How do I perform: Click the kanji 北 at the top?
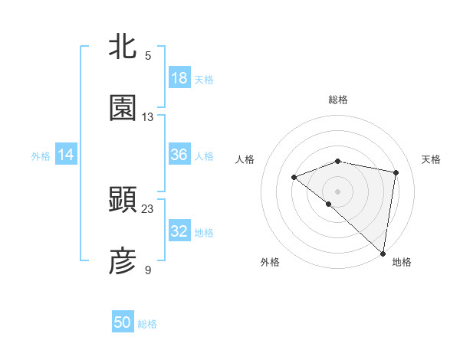(123, 46)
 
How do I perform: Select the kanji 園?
(123, 108)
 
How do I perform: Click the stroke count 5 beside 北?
(148, 55)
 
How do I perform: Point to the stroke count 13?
(148, 117)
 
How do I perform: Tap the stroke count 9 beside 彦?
(148, 270)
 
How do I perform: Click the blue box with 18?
(179, 78)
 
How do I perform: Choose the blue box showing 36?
(179, 155)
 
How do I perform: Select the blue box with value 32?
(179, 231)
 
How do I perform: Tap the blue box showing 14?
(66, 155)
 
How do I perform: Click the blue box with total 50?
(123, 322)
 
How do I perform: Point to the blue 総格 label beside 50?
(147, 324)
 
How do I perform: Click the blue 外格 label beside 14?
(41, 156)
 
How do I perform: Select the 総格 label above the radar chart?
(337, 100)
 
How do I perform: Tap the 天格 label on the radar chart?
(432, 159)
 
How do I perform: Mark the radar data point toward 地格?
(383, 253)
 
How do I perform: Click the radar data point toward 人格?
(294, 178)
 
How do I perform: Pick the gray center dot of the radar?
(337, 191)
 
